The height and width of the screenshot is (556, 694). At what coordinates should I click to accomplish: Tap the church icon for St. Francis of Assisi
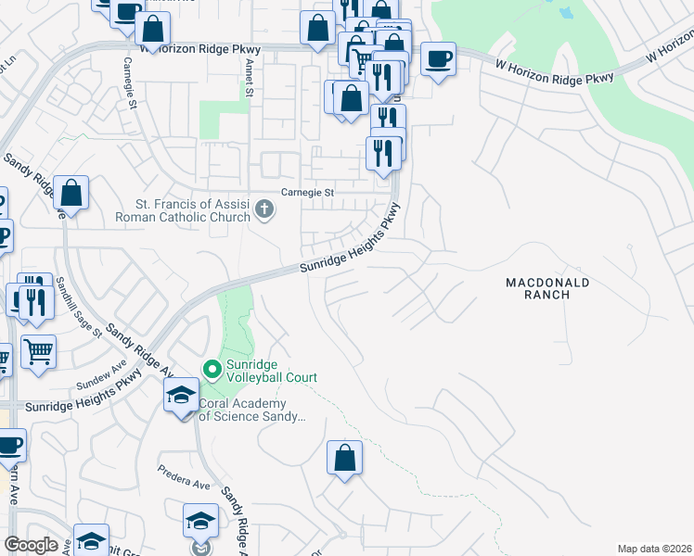point(264,209)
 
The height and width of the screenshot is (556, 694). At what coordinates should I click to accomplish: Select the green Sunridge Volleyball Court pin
point(212,371)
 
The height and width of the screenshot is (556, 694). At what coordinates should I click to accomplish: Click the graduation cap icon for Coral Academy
point(181,398)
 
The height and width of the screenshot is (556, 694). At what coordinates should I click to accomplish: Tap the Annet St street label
point(248,78)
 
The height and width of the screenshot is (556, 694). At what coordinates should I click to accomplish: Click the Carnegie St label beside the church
point(308,194)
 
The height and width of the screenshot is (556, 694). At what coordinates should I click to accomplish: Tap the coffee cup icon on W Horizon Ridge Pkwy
point(438,59)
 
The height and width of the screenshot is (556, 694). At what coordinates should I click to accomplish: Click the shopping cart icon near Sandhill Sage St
point(37,351)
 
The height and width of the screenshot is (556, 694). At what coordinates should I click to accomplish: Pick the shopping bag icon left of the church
point(71,193)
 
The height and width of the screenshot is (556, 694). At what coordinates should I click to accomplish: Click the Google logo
point(31,545)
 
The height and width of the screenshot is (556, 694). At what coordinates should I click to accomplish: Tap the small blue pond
point(565,13)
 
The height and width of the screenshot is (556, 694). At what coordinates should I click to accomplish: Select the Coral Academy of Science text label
point(251,411)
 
